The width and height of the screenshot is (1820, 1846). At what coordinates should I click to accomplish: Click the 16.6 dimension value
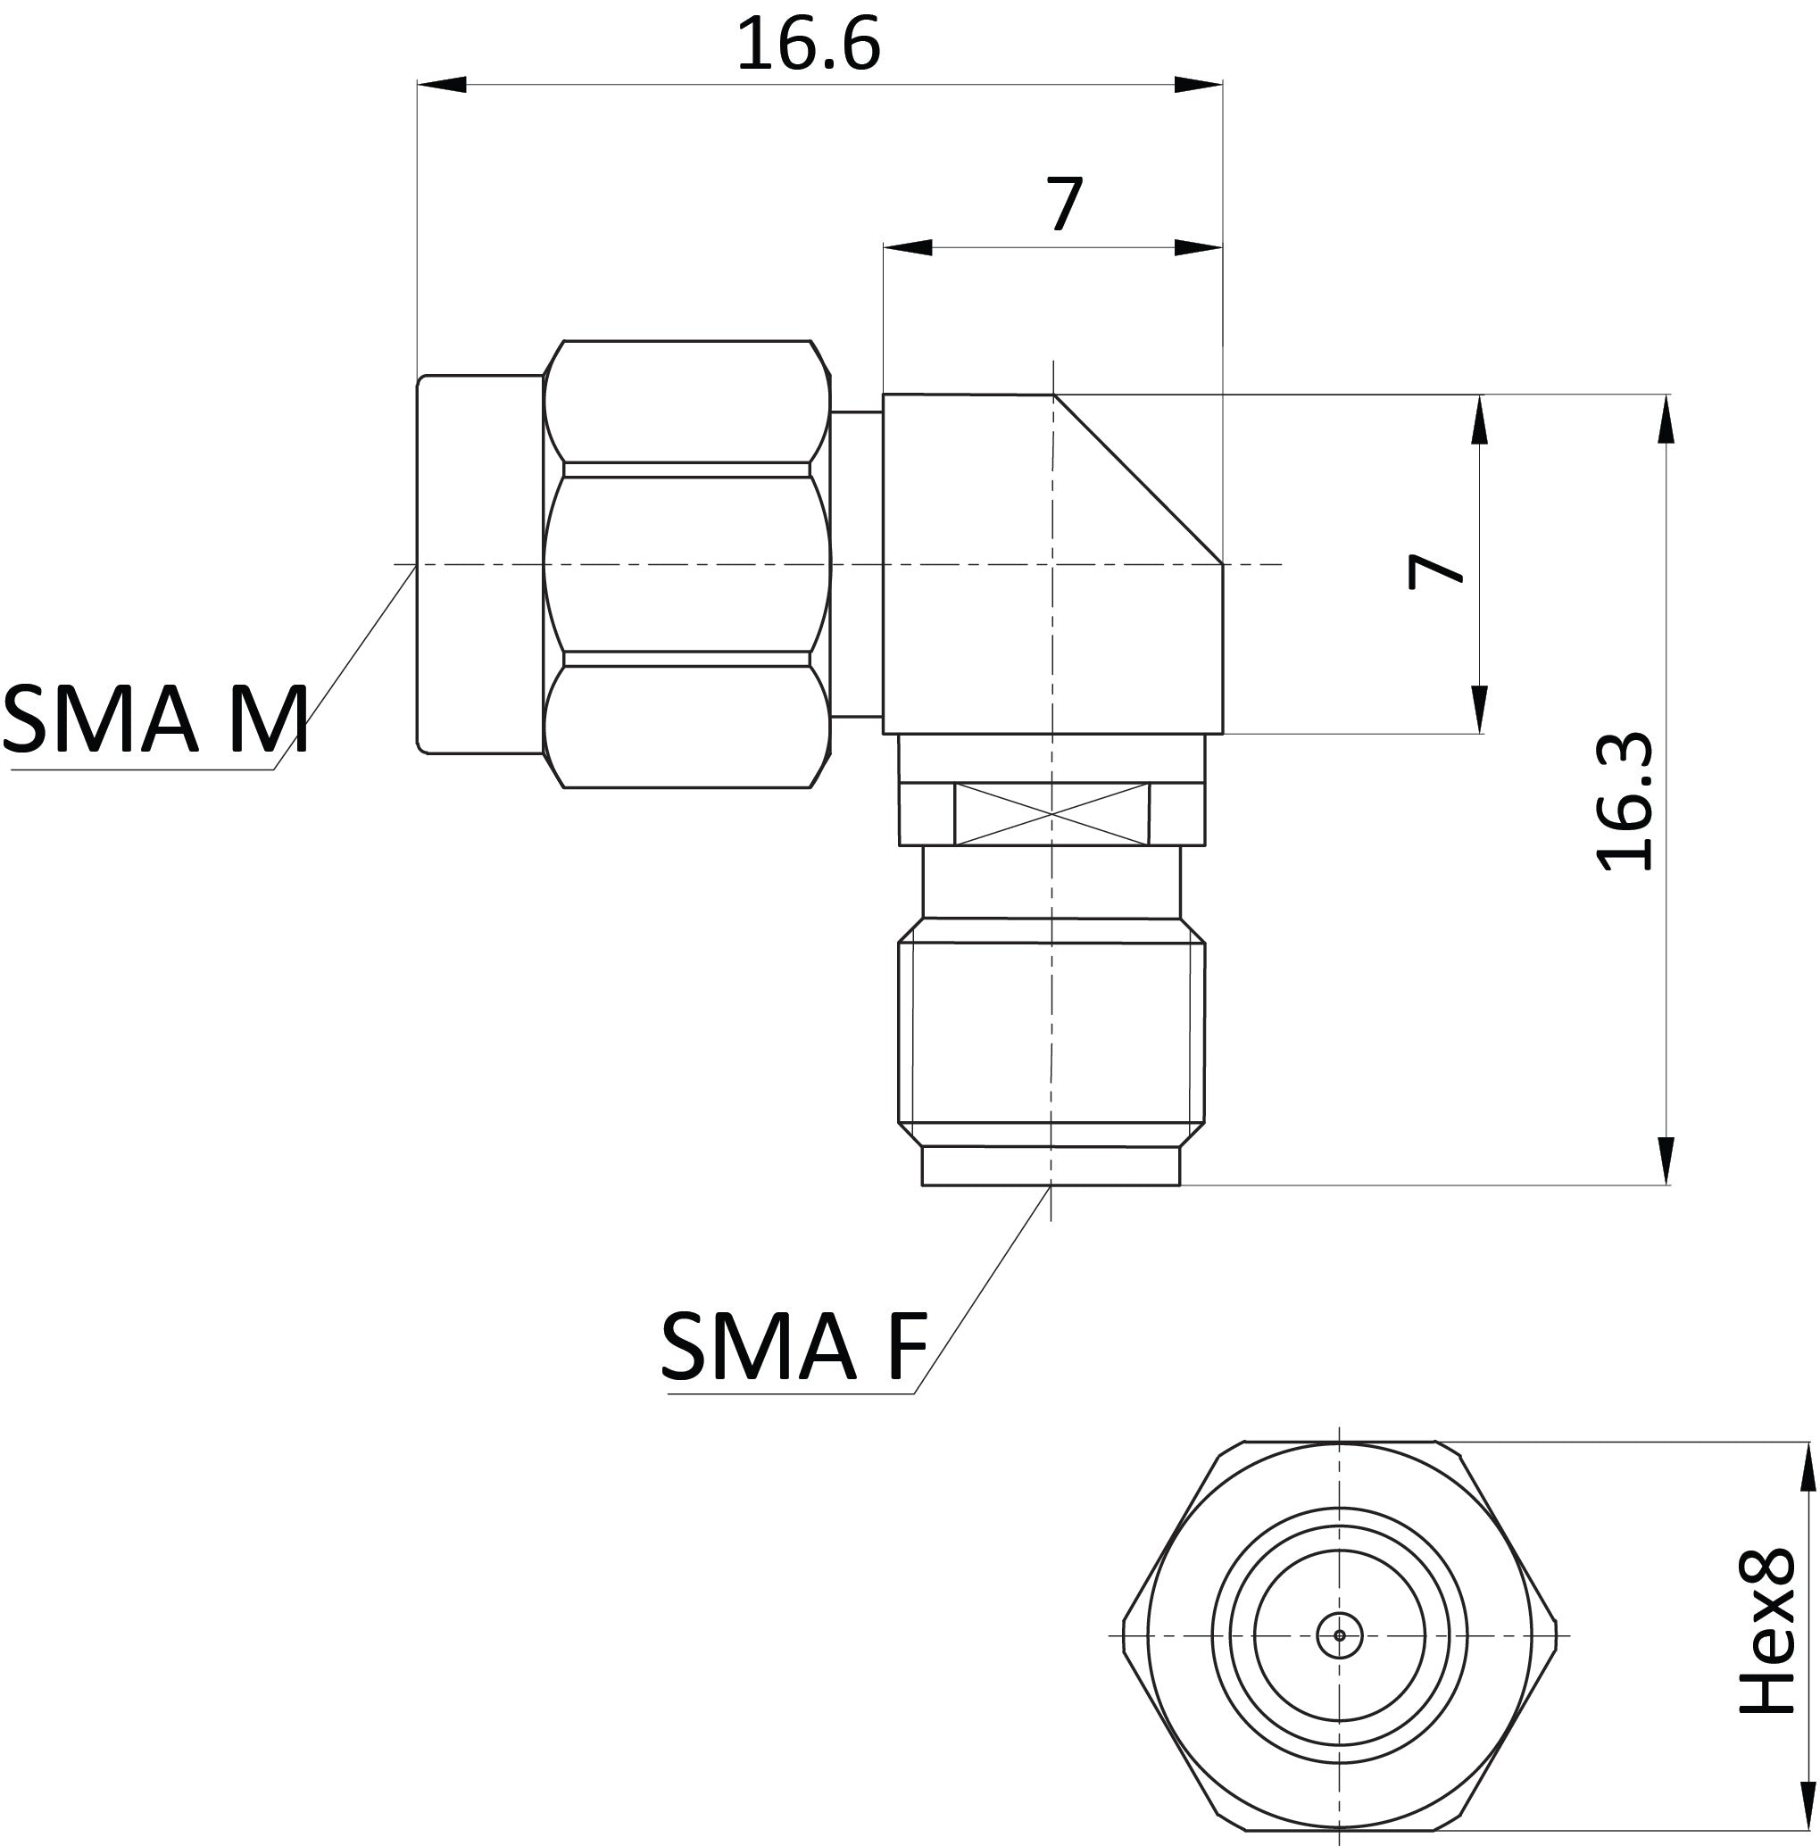(807, 45)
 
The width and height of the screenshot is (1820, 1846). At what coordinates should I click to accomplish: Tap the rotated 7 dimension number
(1436, 570)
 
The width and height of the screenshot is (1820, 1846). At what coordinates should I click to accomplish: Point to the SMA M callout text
(154, 719)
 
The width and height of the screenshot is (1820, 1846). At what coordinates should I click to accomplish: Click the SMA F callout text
(792, 1347)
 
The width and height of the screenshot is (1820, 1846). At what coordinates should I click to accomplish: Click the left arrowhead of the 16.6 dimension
(441, 85)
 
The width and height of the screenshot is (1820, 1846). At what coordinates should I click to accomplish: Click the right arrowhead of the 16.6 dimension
(1197, 85)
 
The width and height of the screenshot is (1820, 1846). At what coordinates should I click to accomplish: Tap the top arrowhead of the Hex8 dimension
(1807, 1467)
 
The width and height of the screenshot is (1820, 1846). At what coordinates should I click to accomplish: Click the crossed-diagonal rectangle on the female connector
(1051, 814)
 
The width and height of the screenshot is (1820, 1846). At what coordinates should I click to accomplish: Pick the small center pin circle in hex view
(1340, 1634)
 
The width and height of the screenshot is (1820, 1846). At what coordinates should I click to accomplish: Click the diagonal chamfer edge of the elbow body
(1137, 478)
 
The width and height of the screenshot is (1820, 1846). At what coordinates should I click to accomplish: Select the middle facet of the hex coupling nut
(686, 564)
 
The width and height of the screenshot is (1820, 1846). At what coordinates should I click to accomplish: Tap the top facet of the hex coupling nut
(686, 402)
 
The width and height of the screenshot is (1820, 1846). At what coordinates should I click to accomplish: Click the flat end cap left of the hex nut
(479, 564)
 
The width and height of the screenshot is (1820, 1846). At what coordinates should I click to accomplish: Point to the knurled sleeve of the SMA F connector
(1051, 1032)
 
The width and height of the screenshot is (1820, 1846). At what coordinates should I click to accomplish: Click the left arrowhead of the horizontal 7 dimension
(908, 247)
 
